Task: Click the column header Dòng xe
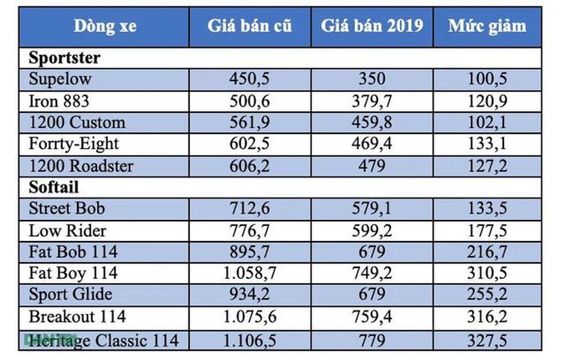[104, 26]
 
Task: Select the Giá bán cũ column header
[249, 26]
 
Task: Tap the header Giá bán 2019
[371, 26]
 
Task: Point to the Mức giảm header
[487, 26]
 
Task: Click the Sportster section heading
[65, 58]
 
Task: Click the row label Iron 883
[59, 101]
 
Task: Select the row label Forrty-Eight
[74, 144]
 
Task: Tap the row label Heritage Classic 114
[104, 339]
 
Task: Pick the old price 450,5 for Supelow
[249, 79]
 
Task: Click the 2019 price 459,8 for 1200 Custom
[371, 122]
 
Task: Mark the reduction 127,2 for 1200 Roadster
[487, 166]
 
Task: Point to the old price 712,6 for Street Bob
[249, 209]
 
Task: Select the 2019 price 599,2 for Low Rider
[371, 231]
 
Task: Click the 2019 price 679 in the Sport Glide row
[371, 295]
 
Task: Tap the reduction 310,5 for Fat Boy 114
[487, 274]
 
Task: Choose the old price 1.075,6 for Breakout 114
[249, 317]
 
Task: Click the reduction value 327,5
[487, 339]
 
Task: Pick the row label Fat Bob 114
[73, 252]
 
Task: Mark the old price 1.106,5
[249, 339]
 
